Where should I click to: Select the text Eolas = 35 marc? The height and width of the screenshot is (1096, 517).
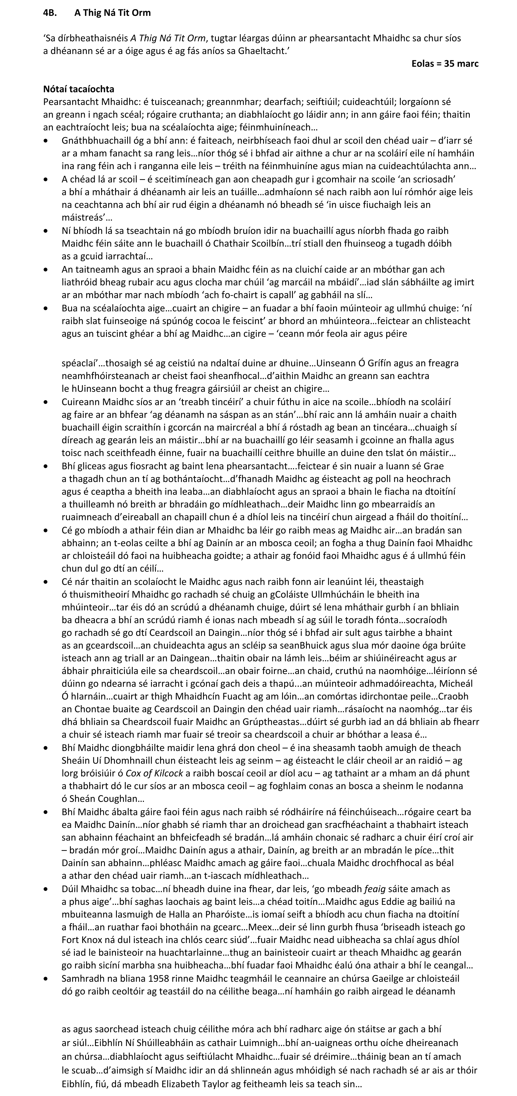point(445,64)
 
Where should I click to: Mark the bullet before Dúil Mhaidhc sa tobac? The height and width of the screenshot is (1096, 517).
point(46,889)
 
